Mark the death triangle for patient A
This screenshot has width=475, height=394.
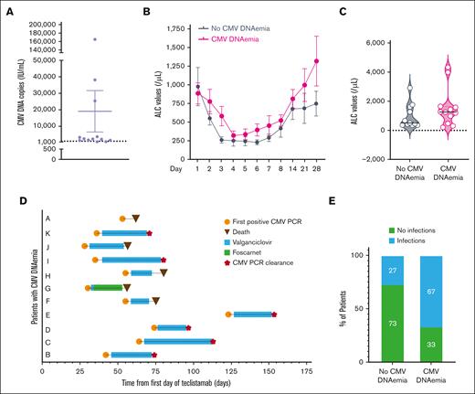tap(135, 218)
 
